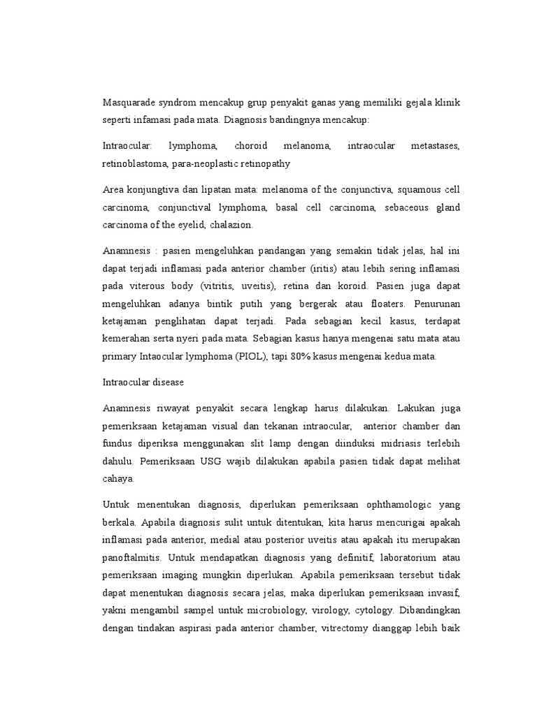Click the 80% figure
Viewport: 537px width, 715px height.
pos(305,356)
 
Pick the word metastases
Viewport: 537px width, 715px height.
pos(434,147)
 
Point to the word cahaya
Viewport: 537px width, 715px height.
pos(117,479)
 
